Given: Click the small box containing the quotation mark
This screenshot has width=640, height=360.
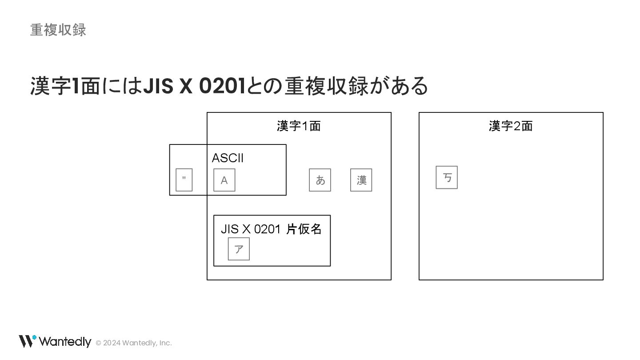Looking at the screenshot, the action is pyautogui.click(x=184, y=180).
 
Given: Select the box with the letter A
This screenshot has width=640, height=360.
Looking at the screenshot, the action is pyautogui.click(x=224, y=180).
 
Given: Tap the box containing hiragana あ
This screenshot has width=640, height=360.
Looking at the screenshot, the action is pyautogui.click(x=320, y=180).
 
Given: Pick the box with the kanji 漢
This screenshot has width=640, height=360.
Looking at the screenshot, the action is pyautogui.click(x=361, y=180).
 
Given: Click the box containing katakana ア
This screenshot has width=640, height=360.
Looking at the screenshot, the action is pyautogui.click(x=239, y=249).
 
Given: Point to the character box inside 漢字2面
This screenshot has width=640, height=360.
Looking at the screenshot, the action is pyautogui.click(x=447, y=177).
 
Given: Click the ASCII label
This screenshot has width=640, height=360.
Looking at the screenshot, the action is pyautogui.click(x=228, y=158).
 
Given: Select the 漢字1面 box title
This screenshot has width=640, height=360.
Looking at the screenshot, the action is pyautogui.click(x=299, y=126).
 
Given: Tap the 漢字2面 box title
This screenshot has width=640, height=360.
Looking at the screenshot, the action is pyautogui.click(x=511, y=126).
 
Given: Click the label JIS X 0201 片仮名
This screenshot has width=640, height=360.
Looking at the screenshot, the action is pyautogui.click(x=271, y=229).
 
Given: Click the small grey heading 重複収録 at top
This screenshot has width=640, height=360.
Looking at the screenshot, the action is pyautogui.click(x=58, y=30).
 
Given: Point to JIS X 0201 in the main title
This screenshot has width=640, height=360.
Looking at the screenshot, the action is pyautogui.click(x=194, y=86).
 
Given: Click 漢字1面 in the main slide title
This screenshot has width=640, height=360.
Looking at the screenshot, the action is pyautogui.click(x=65, y=86).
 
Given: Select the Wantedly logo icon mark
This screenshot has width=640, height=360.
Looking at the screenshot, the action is pyautogui.click(x=27, y=341).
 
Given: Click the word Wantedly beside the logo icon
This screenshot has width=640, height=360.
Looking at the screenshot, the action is pyautogui.click(x=65, y=341).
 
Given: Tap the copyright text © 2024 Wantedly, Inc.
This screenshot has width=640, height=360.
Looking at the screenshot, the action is pyautogui.click(x=134, y=343).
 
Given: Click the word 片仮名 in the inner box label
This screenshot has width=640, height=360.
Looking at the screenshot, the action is pyautogui.click(x=304, y=229).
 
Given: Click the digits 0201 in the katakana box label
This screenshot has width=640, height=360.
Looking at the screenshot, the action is pyautogui.click(x=267, y=229).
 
